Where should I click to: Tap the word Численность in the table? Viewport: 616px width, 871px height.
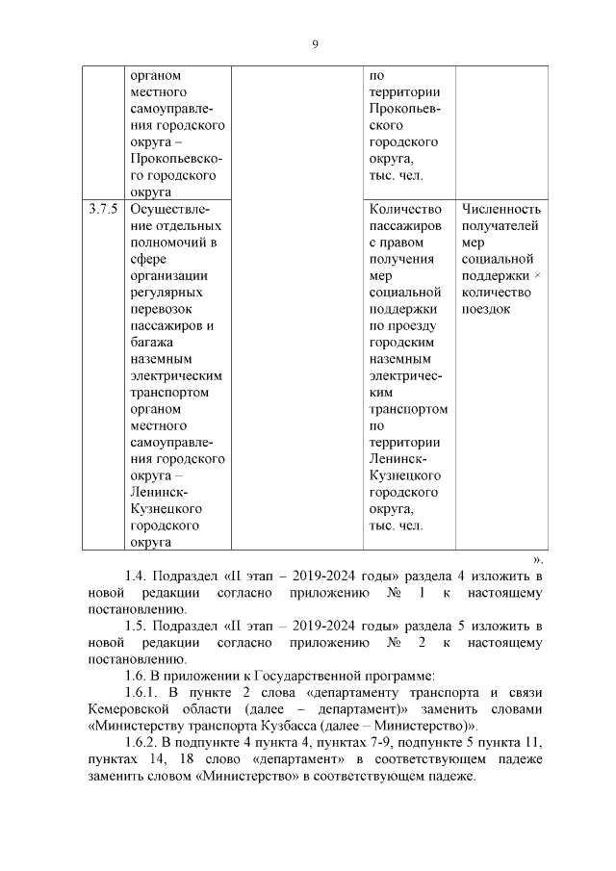coord(500,209)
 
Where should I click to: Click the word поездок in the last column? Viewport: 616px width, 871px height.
coord(485,309)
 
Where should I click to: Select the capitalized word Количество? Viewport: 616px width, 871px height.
coord(405,209)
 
